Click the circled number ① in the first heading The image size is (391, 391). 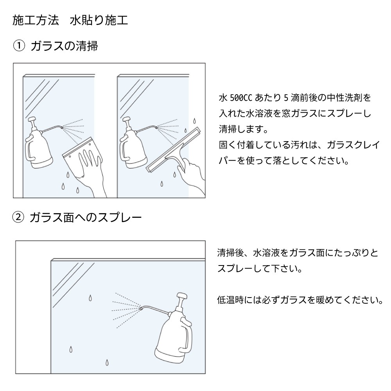[x=19, y=46]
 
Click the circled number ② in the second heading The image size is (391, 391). [x=18, y=217]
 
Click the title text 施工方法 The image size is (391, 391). [x=36, y=20]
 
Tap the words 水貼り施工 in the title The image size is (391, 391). [x=99, y=20]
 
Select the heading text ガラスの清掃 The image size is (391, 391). [x=65, y=46]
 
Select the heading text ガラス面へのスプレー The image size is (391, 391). [x=86, y=217]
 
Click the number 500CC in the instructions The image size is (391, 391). [x=241, y=98]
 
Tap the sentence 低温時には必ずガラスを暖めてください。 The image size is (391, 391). [x=300, y=300]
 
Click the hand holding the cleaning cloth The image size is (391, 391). [x=91, y=171]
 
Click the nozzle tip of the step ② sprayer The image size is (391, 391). [x=141, y=309]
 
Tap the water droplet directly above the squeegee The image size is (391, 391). [x=194, y=121]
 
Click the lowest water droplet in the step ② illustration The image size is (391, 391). [x=107, y=362]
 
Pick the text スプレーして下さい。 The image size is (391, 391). [x=260, y=269]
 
